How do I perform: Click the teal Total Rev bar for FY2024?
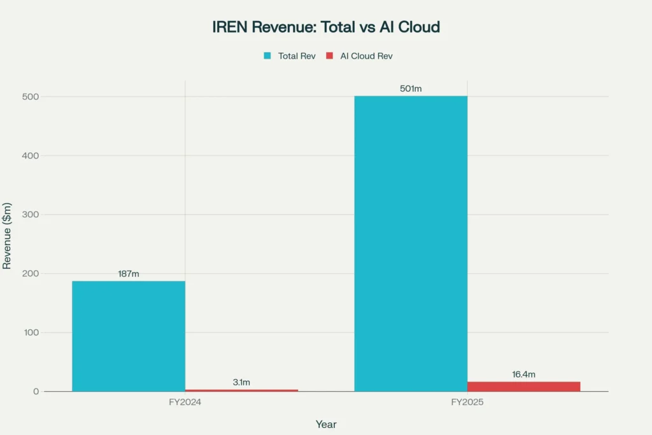click(x=128, y=336)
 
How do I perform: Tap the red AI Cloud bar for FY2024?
click(x=241, y=390)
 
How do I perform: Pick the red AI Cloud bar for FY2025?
click(x=523, y=386)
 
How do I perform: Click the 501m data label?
click(x=411, y=89)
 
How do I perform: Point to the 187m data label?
click(x=128, y=274)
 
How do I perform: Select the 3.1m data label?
click(x=241, y=382)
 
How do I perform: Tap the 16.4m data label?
click(x=523, y=374)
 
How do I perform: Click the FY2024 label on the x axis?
click(x=185, y=403)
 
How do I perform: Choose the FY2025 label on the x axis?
click(x=467, y=403)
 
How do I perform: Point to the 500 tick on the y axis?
click(x=31, y=97)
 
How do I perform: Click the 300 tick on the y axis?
click(x=31, y=215)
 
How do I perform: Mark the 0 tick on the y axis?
click(x=36, y=392)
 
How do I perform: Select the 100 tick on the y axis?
click(x=31, y=332)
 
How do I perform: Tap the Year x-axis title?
click(x=326, y=424)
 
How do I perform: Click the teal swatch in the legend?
click(x=268, y=56)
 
